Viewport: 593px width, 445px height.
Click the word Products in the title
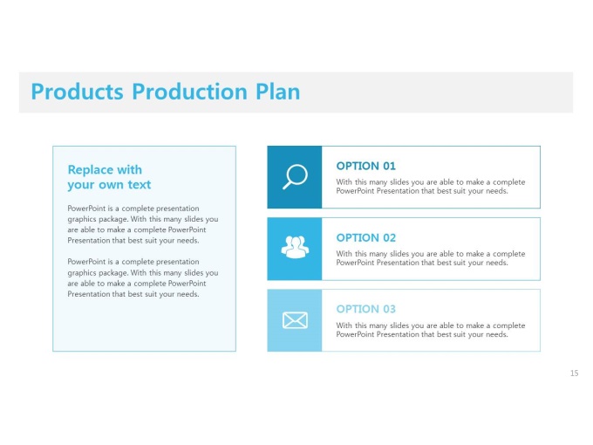point(77,92)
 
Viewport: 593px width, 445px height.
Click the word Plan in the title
point(278,92)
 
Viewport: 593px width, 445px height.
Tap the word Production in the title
point(189,92)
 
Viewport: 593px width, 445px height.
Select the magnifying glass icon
point(295,177)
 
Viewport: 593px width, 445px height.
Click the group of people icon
point(295,247)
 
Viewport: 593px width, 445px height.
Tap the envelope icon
point(295,320)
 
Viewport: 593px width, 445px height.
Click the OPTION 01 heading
point(365,166)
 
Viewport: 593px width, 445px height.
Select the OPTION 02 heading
point(365,237)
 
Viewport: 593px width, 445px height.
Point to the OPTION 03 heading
point(365,309)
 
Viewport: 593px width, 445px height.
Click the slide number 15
point(574,373)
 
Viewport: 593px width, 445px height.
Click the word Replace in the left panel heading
point(91,170)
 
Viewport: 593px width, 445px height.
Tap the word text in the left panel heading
point(140,185)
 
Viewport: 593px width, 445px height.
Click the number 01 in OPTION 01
point(389,166)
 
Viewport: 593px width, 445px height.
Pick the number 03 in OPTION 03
point(389,309)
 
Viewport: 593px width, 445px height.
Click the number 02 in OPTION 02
point(389,237)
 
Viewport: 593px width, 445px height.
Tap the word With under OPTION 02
point(344,254)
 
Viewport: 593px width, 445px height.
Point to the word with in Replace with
point(130,169)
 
